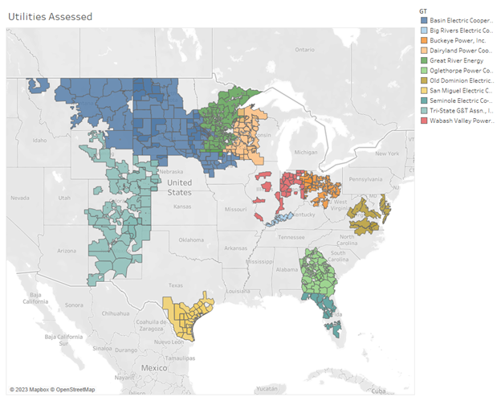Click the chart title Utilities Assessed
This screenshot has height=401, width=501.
point(50,16)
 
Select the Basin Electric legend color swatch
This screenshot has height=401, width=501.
point(423,19)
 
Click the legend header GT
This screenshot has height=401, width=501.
point(423,9)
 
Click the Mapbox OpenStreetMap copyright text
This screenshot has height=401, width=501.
point(51,390)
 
